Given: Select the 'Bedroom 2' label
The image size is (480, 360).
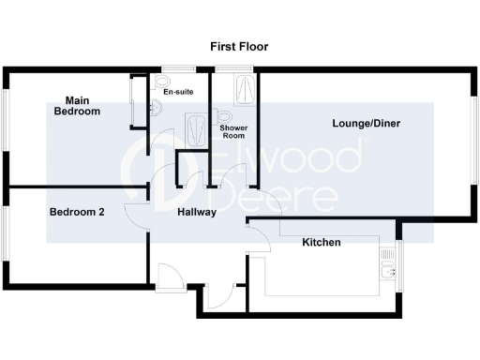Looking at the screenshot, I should (x=76, y=212).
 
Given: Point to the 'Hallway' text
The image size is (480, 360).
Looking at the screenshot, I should (x=197, y=212).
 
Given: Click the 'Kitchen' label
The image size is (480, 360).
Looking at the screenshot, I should (x=321, y=243).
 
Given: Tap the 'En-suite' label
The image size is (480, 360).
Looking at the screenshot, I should (x=176, y=93).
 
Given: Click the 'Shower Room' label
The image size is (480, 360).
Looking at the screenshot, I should (x=232, y=131).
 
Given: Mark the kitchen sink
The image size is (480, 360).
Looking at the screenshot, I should (x=386, y=273).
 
